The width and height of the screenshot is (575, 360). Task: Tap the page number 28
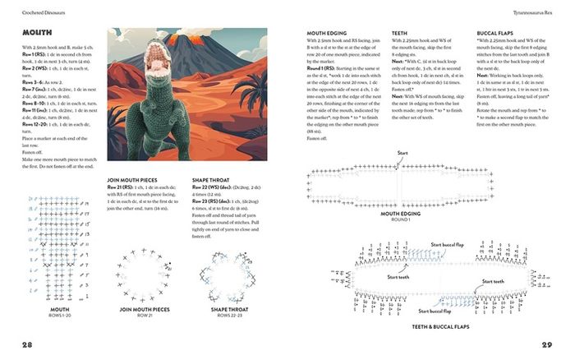coord(28,343)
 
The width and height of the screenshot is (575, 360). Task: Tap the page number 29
coord(546,343)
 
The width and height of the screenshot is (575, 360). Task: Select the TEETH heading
coord(400,33)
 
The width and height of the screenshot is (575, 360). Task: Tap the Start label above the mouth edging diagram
coord(403,153)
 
